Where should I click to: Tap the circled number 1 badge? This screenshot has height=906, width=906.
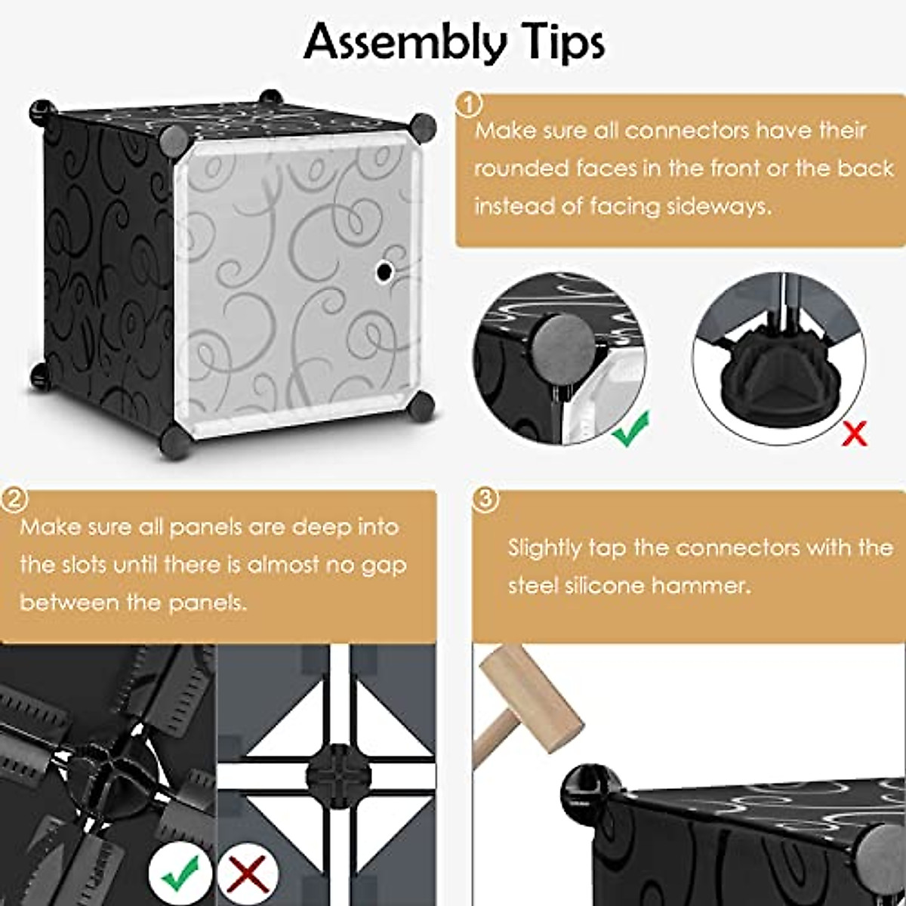[470, 105]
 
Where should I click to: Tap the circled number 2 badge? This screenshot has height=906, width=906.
[14, 500]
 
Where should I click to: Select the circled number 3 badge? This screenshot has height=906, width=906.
[485, 500]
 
